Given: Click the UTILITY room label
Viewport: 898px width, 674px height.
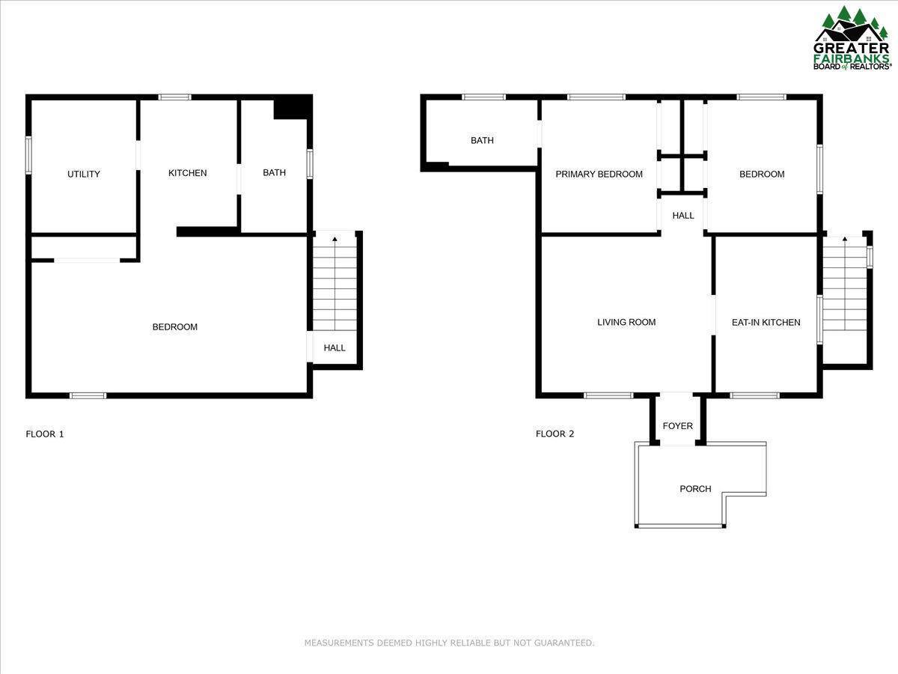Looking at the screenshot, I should coord(84,174).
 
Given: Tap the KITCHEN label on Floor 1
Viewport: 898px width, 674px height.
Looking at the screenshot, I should coord(187,173).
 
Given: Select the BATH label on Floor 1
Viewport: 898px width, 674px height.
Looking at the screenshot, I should coord(274,173).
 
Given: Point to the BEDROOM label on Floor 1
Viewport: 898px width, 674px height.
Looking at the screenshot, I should coord(174,327).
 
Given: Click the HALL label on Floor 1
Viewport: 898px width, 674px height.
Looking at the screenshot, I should coord(335,348).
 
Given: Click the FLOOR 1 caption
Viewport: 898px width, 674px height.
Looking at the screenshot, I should coord(45,434).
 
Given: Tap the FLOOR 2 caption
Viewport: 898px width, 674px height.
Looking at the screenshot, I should coord(555,434).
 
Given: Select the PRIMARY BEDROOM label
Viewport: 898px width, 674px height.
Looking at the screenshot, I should coord(599,174).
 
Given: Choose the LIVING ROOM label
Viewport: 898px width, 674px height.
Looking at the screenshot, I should coord(626,323).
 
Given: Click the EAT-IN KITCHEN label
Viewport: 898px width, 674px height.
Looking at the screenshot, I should coord(766,323).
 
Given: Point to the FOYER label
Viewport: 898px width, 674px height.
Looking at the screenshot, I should coord(678,426).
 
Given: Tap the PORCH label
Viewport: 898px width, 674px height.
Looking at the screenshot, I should coord(695,489).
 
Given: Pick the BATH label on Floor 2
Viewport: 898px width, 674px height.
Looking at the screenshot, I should coord(482,141).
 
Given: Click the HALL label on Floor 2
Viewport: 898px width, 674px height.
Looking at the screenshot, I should coord(683,216).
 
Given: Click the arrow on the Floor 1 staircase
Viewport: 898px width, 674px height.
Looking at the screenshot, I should coord(335,239).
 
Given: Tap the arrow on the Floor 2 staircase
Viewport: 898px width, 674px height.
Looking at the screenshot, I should coord(845,240).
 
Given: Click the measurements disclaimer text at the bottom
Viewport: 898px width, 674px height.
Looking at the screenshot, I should coord(449,643).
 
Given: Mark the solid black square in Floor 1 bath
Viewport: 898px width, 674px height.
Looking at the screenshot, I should coord(291,108).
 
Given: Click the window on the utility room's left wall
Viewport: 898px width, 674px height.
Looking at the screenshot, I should coord(28,155).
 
